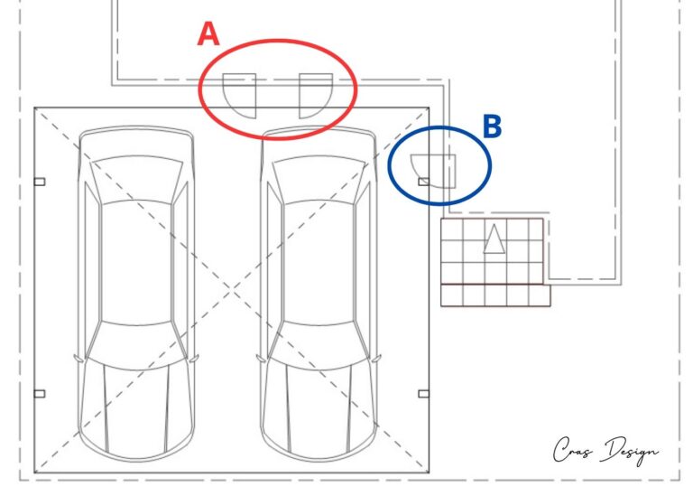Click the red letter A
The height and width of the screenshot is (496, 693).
pos(208,34)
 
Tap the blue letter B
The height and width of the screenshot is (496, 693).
pos(493,126)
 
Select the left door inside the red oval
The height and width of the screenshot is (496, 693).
pos(239,96)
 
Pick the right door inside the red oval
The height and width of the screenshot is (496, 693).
pos(316,96)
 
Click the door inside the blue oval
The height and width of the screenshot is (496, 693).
pos(433,172)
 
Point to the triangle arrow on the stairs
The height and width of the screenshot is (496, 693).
pos(494,239)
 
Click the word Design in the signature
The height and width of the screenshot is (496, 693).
pos(633,452)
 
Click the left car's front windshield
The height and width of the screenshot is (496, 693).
pos(136,179)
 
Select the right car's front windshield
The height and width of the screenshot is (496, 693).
pos(319,180)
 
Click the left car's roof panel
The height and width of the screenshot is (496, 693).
pos(136,262)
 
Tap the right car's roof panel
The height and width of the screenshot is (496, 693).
pos(319,262)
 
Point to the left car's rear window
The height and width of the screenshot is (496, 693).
pos(136,344)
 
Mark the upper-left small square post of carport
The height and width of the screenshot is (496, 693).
pos(40,182)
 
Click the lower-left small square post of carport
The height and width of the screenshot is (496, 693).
pos(40,393)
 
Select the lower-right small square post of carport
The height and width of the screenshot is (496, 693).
pos(423,393)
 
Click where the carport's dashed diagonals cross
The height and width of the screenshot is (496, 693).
pos(232,290)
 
